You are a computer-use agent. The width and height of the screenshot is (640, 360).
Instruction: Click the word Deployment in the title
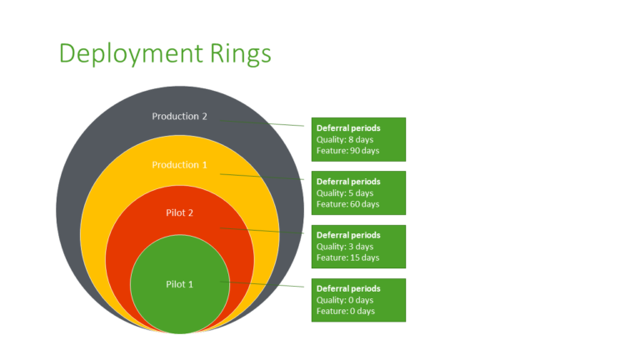click(x=130, y=53)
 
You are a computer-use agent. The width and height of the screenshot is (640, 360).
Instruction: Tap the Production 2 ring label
click(x=179, y=116)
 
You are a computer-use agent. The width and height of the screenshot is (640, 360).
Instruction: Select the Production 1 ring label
click(x=179, y=165)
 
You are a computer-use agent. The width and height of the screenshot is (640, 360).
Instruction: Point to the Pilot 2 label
click(x=179, y=213)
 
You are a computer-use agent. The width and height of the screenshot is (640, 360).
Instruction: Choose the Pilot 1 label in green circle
click(x=179, y=284)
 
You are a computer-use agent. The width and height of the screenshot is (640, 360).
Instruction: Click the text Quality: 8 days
click(x=345, y=139)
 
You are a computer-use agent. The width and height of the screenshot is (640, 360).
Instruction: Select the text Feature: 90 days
click(x=347, y=150)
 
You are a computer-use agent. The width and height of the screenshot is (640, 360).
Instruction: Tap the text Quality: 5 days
click(x=345, y=192)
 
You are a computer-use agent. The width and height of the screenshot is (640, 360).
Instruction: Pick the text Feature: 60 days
click(x=347, y=203)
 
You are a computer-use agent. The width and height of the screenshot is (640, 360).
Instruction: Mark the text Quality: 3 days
click(x=345, y=246)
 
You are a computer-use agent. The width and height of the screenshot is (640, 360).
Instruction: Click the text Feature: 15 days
click(x=347, y=257)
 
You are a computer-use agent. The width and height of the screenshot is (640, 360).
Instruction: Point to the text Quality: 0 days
click(x=345, y=300)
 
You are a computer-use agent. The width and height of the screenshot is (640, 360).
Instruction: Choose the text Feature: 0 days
click(x=345, y=311)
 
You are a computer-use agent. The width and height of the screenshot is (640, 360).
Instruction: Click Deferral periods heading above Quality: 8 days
click(x=348, y=128)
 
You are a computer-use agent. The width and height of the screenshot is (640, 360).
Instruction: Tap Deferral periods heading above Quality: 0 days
click(x=348, y=288)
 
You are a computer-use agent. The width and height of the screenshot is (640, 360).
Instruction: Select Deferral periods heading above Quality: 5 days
click(x=348, y=182)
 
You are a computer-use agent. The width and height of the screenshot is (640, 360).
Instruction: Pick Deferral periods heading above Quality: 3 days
click(x=348, y=235)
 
